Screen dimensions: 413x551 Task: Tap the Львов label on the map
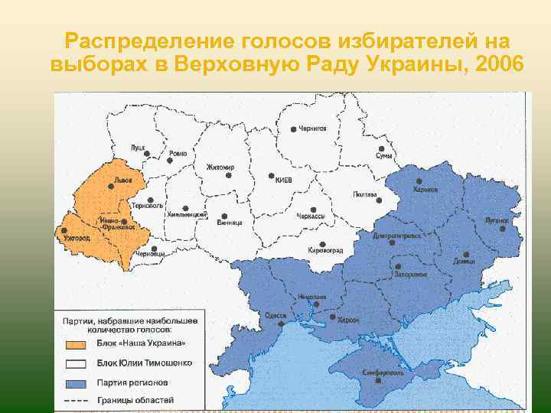122,180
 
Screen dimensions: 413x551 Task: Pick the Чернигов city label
312,129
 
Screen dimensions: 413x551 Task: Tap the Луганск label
496,220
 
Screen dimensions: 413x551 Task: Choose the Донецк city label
484,261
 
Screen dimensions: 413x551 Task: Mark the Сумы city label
383,155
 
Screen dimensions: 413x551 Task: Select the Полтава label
365,195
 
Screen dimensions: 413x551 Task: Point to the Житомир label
220,167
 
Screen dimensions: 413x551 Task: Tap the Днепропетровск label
396,236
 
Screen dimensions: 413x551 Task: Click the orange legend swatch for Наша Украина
76,344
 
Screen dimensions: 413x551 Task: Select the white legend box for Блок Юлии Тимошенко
76,363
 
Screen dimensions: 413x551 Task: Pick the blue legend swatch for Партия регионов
76,382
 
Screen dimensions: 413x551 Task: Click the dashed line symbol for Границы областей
76,400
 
